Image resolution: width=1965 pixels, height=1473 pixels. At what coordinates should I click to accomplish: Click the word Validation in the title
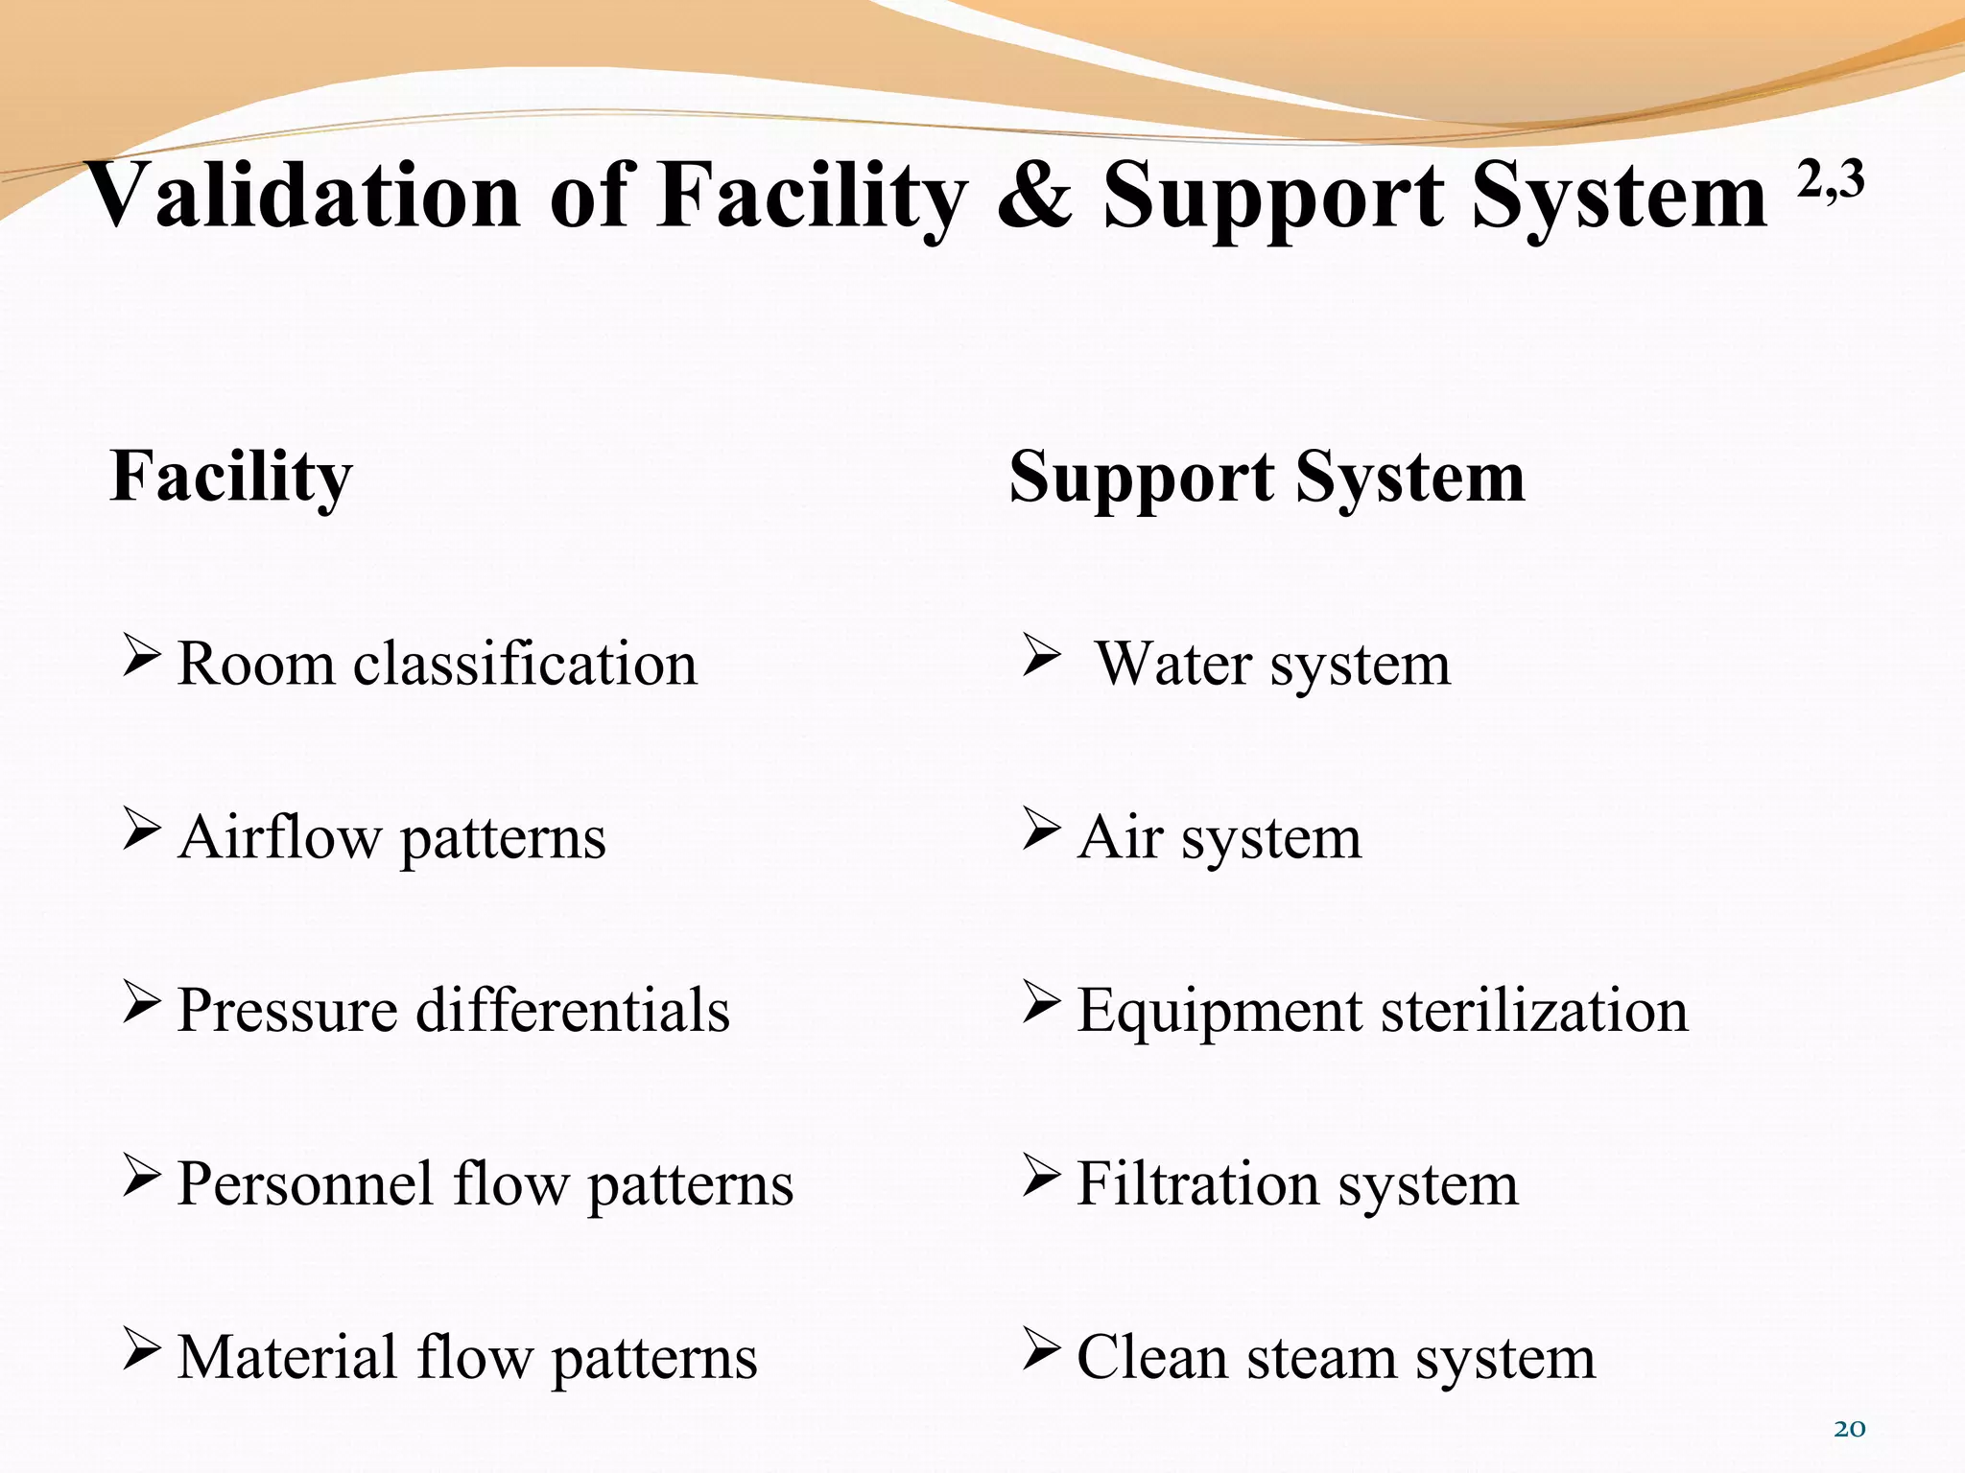304,197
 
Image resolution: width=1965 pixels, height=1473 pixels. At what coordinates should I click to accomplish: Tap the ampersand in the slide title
1033,197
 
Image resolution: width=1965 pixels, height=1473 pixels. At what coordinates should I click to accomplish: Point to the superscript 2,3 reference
1831,180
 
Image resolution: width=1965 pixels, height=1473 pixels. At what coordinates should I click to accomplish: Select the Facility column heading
231,477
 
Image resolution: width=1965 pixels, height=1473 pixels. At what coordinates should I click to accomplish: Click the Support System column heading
1267,477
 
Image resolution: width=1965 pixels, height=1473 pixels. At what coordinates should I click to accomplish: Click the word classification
525,664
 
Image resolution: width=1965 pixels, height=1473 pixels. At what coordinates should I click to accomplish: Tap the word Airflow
279,837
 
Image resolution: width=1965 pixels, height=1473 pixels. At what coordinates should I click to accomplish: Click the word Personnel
305,1184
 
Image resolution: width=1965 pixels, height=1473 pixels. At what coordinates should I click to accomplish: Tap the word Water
1173,664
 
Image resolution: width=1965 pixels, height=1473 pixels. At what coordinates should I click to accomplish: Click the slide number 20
1849,1429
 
